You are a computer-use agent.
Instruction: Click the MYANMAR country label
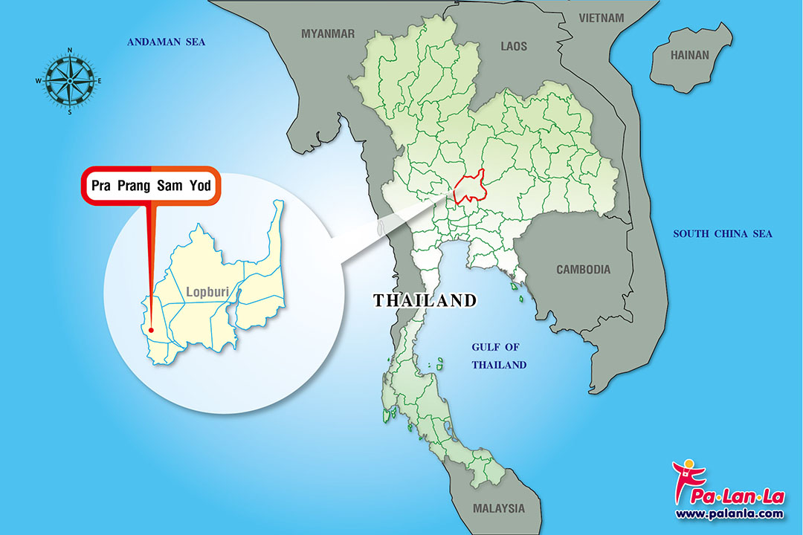328,33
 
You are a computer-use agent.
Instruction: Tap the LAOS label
513,46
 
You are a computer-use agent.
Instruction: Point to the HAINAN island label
690,55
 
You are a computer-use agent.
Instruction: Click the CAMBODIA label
584,270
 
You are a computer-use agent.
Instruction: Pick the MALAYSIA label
498,509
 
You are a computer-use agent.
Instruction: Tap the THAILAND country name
424,301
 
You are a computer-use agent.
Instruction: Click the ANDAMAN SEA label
166,42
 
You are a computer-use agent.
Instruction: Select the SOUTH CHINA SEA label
723,234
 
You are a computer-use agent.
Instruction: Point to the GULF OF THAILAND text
500,356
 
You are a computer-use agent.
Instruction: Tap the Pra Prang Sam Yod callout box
150,186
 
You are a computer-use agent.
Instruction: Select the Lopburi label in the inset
207,292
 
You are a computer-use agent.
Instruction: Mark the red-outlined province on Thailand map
471,189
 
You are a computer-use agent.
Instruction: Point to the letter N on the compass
70,51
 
